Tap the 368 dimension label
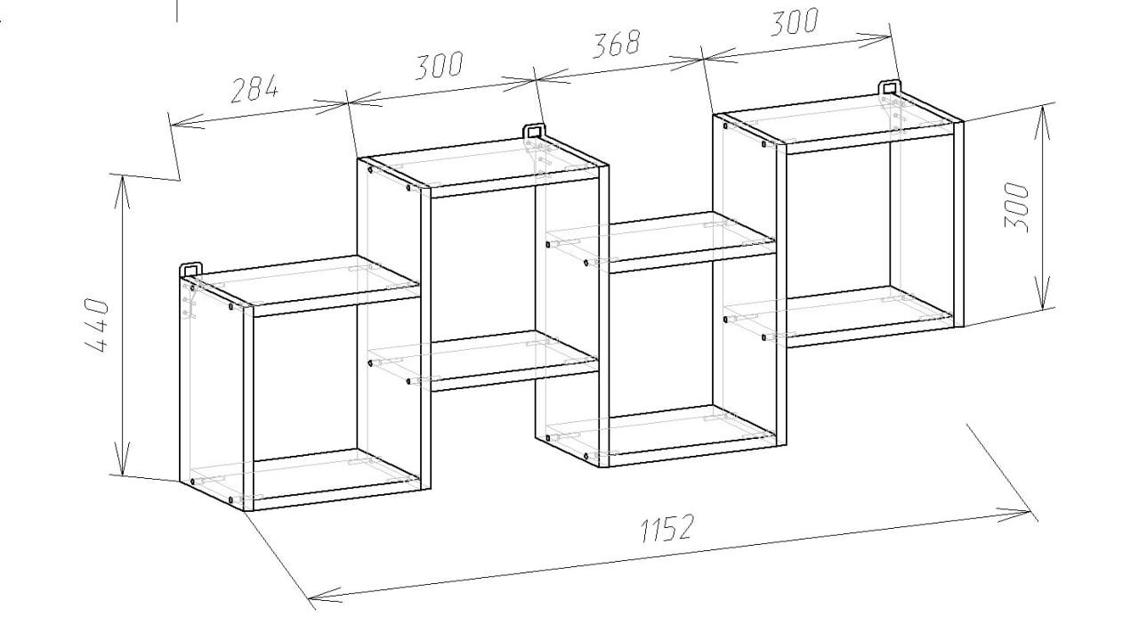(617, 44)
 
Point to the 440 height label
(97, 326)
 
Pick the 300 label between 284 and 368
(439, 65)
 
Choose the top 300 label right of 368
(795, 22)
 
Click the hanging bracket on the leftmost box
(190, 269)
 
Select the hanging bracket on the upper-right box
(889, 87)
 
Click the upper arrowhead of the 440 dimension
(122, 191)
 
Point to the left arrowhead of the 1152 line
(325, 593)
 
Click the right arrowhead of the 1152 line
(1014, 515)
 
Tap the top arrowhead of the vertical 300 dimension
(1042, 121)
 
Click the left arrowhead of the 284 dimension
(187, 122)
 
